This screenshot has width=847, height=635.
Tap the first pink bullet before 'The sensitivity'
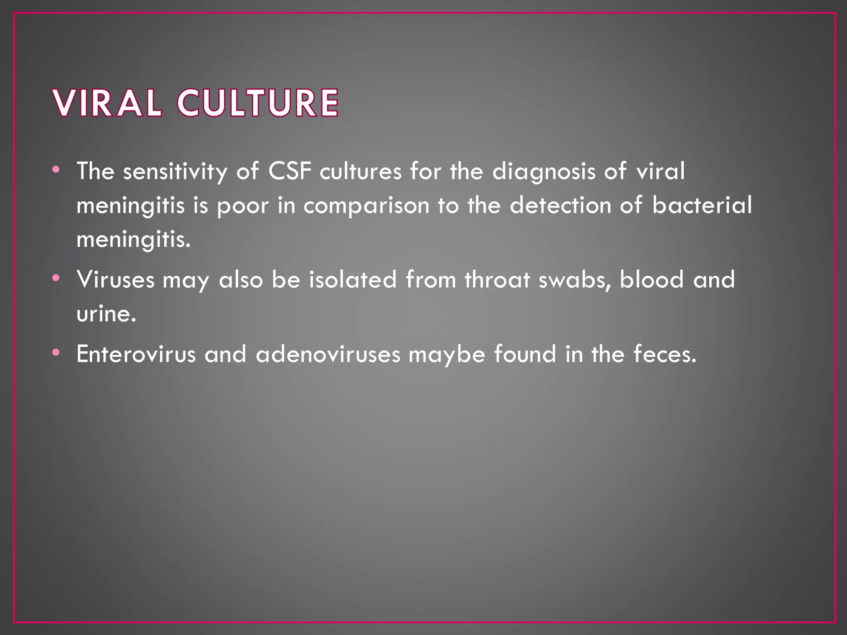[56, 169]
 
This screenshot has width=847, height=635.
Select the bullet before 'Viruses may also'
[56, 278]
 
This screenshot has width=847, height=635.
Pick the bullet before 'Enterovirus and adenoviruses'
[56, 353]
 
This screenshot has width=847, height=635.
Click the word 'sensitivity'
[175, 171]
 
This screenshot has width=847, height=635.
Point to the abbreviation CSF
[290, 171]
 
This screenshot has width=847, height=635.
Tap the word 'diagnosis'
[543, 172]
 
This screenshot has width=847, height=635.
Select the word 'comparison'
[366, 206]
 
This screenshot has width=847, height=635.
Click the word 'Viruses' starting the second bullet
[115, 279]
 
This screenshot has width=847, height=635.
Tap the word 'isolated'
[353, 279]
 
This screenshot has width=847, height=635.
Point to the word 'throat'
[497, 279]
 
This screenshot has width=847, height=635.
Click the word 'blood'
[651, 279]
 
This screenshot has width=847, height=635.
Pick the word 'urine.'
[106, 314]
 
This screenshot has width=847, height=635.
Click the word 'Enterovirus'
[136, 354]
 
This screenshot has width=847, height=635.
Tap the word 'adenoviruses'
[328, 354]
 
